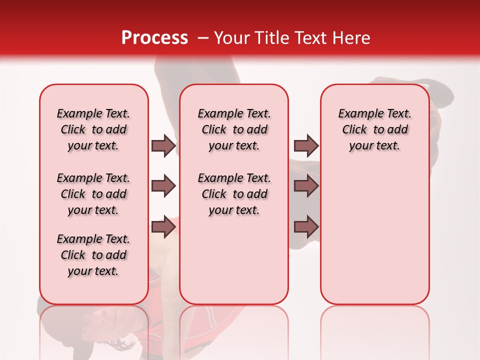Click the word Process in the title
point(154,38)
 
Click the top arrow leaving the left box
point(163,146)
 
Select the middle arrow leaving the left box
point(163,186)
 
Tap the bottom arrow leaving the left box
point(163,227)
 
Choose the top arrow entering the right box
point(306,146)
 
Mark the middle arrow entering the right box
point(306,186)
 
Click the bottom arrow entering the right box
point(306,227)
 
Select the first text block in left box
point(93,129)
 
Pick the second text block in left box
point(93,194)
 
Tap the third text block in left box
point(93,255)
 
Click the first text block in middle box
point(234,129)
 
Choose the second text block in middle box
point(234,194)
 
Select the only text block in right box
point(374,129)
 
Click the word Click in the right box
point(354,130)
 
